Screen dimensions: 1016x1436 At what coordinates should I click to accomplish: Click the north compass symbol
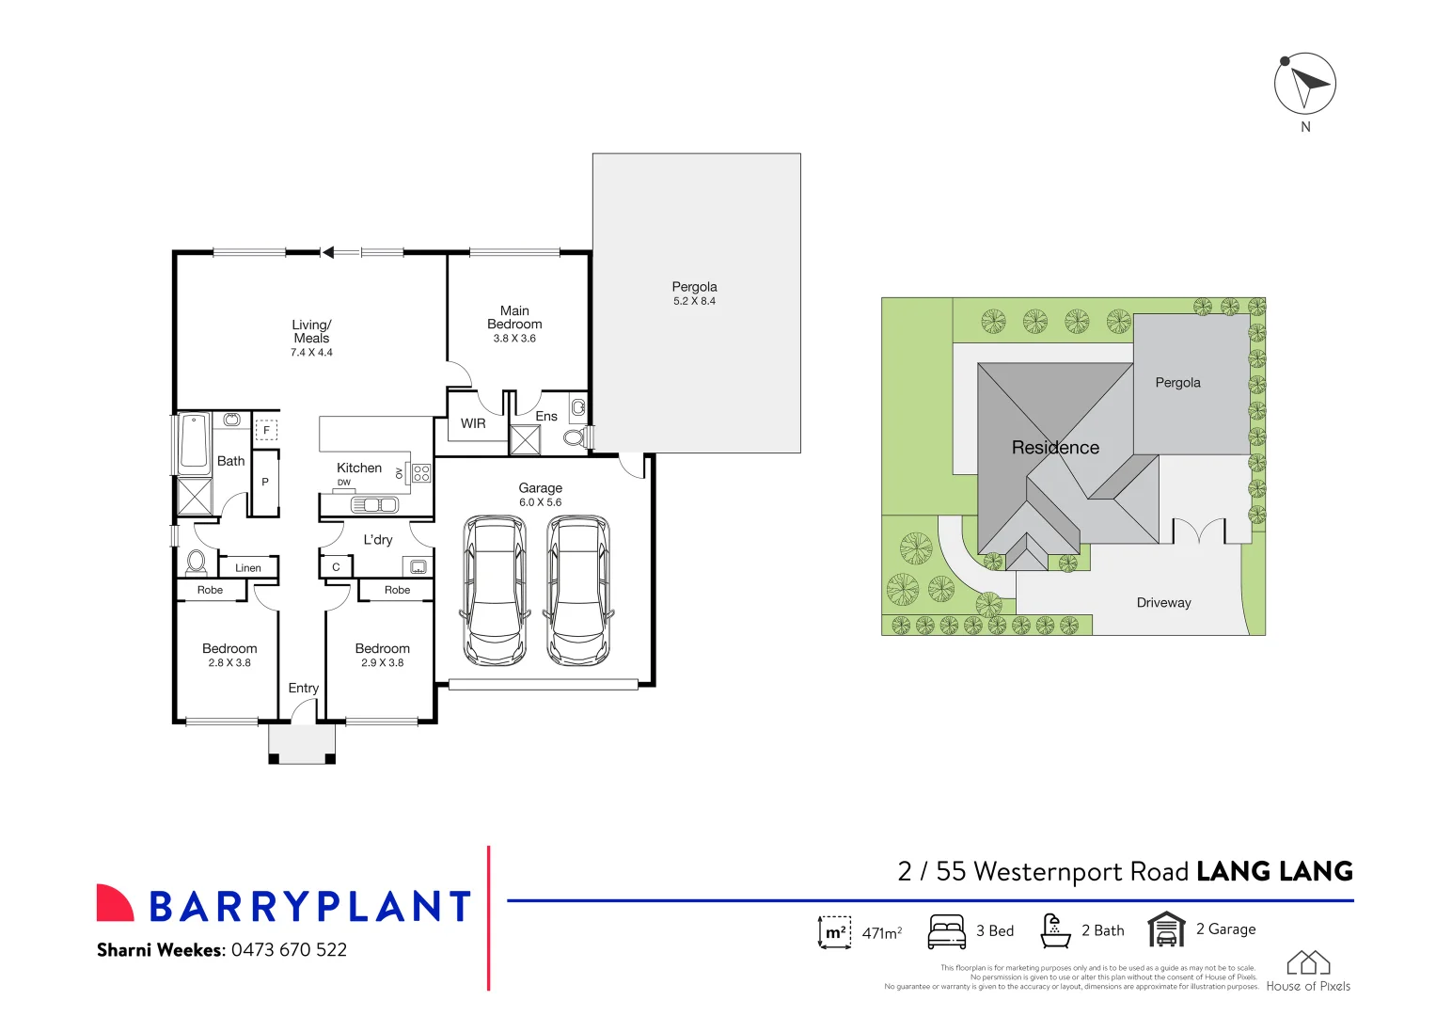coord(1304,84)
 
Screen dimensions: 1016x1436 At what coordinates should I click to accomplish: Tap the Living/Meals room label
coord(311,331)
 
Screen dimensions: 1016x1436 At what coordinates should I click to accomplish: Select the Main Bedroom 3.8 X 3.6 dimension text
coord(514,339)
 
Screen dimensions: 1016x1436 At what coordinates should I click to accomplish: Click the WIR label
coord(473,423)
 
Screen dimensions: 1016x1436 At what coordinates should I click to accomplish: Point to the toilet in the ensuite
coord(575,437)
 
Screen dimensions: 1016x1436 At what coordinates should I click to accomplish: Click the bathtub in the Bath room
coord(194,443)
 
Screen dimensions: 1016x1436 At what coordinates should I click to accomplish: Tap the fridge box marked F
coord(266,430)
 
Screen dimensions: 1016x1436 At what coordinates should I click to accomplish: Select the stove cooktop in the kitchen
coord(421,472)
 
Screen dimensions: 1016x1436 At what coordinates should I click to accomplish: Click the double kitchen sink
coord(374,505)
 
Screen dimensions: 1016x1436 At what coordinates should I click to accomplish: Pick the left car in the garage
coord(495,591)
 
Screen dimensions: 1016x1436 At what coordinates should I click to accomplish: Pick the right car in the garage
coord(578,591)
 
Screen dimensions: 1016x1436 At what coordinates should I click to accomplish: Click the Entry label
coord(303,689)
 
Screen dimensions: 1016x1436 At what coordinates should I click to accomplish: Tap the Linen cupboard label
coord(248,568)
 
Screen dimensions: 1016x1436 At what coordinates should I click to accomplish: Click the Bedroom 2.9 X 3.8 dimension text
coord(382,663)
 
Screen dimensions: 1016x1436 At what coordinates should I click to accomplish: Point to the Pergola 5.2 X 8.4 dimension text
coord(694,302)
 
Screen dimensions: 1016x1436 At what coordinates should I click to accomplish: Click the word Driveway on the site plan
coord(1163,603)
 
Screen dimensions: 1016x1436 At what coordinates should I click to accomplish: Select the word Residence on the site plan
coord(1055,448)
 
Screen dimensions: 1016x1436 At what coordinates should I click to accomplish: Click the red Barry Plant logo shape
coord(115,903)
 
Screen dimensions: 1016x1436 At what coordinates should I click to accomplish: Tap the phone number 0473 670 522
coord(289,950)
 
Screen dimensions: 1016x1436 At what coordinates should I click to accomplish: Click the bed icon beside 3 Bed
coord(946,930)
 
